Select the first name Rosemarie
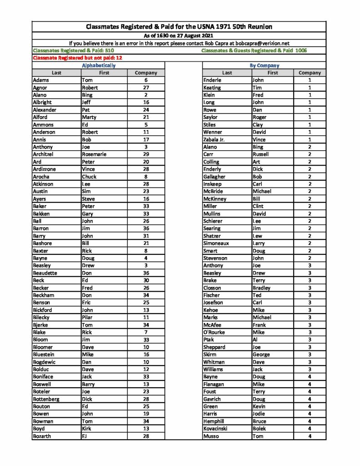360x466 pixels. point(94,154)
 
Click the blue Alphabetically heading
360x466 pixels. point(98,66)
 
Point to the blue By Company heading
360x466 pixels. point(264,66)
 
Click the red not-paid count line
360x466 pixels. point(78,58)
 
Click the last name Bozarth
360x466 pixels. point(42,436)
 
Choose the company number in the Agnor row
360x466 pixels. point(146,88)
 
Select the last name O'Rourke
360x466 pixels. point(214,332)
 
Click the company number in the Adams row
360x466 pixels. point(146,80)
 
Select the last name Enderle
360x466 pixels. point(212,80)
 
